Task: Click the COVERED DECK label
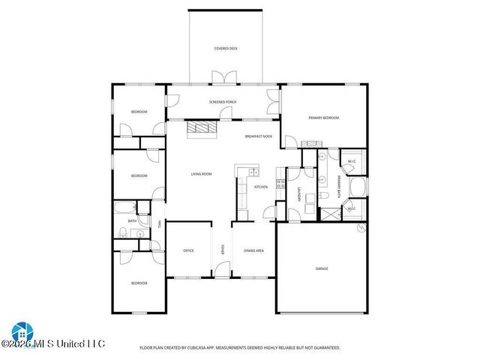(x=225, y=49)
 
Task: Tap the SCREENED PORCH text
(x=223, y=100)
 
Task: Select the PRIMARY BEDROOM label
(x=324, y=118)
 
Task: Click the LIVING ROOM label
(x=201, y=174)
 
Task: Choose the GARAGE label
(x=321, y=268)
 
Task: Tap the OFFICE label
(x=189, y=250)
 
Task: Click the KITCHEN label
(x=261, y=187)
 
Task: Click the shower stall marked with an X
(x=328, y=213)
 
